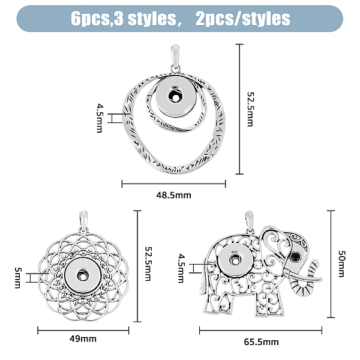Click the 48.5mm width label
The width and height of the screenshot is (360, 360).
point(173,195)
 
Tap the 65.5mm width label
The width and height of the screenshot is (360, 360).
point(261,342)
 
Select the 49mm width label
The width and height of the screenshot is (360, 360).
point(83,338)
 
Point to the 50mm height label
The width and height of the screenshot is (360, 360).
point(341,263)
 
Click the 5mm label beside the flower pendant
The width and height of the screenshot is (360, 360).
point(17,278)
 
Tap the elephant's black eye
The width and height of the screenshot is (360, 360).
point(295,256)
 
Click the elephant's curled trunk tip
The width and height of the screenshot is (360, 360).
point(316,263)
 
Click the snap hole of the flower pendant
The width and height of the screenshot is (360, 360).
point(82,275)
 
